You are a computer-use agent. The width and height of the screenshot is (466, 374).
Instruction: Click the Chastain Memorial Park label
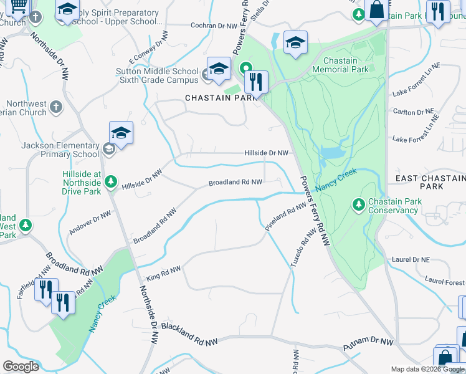[x=341, y=65]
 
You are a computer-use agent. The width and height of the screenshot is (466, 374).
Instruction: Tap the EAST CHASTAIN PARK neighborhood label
[x=430, y=182]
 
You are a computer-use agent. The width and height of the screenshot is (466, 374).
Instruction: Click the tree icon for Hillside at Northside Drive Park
[x=111, y=181]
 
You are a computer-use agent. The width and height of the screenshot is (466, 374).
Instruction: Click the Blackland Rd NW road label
[x=189, y=331]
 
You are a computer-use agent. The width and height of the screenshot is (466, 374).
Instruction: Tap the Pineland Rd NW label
[x=285, y=217]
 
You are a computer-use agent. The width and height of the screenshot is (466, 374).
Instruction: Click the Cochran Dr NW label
[x=213, y=26]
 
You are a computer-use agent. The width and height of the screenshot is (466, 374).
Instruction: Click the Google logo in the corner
[x=21, y=366]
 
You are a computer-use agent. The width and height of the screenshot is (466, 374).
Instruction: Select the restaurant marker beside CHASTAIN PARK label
[x=255, y=82]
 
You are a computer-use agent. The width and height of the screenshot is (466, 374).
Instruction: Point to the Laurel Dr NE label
[x=409, y=259]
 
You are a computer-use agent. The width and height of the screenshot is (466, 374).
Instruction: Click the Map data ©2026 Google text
[x=427, y=369]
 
